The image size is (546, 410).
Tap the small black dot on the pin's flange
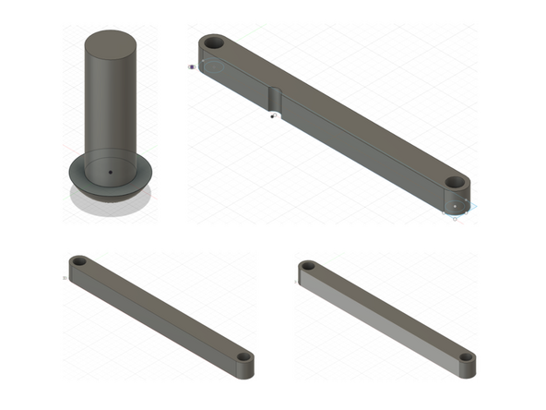pos(108,172)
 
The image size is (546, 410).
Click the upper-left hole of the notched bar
pos(213,42)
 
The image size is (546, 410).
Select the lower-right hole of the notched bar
pos(456,182)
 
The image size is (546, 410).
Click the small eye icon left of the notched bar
pos(192,66)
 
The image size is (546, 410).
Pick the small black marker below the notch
pos(272,116)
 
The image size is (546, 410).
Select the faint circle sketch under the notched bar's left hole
pos(214,66)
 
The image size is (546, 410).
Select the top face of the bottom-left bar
pos(161,309)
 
